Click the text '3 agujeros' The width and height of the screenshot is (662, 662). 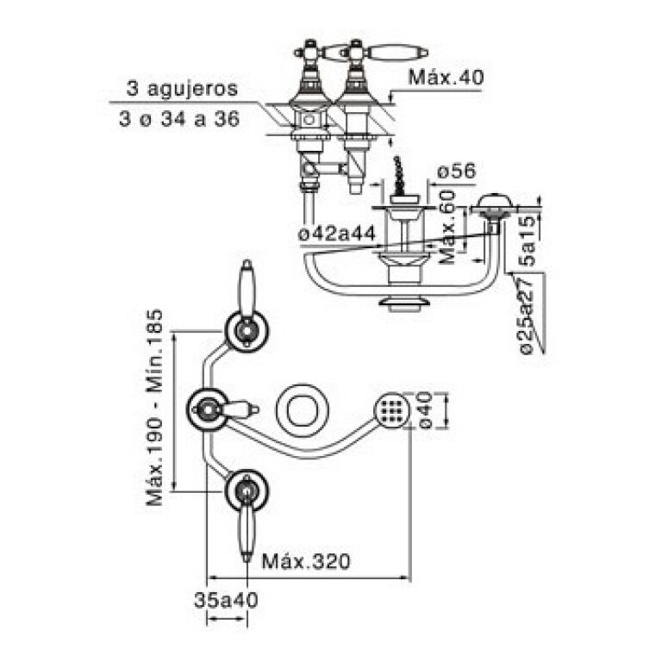pyautogui.click(x=181, y=89)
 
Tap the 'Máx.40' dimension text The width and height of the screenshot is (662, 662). pyautogui.click(x=446, y=77)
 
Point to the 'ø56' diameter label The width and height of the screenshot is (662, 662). pyautogui.click(x=456, y=172)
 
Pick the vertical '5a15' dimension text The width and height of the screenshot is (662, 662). pyautogui.click(x=527, y=234)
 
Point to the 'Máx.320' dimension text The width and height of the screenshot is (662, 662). pyautogui.click(x=306, y=561)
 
